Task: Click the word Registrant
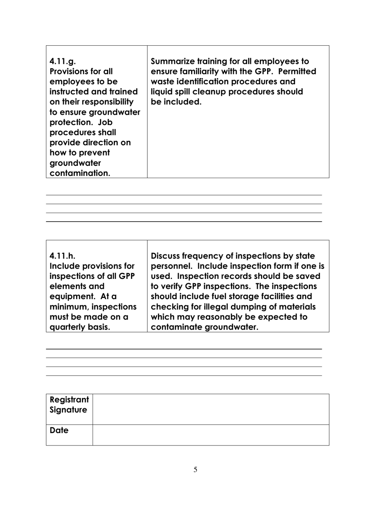pos(69,400)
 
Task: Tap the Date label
pos(59,431)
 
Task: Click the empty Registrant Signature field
pos(211,409)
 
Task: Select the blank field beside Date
pos(211,435)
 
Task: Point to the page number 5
pos(195,470)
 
